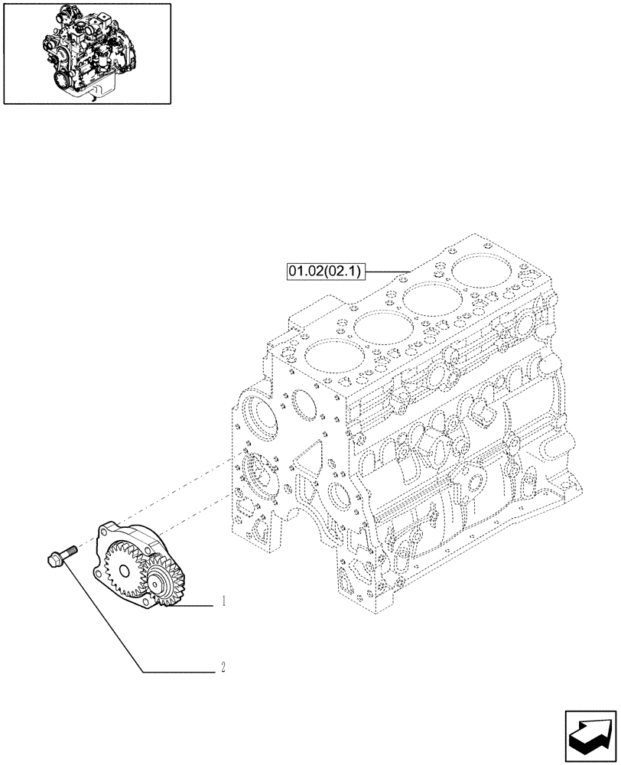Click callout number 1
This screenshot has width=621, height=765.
pos(223,602)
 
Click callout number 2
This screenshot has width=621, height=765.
pos(223,666)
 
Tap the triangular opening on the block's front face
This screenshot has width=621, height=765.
pos(307,461)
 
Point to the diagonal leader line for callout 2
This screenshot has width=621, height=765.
pos(103,616)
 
